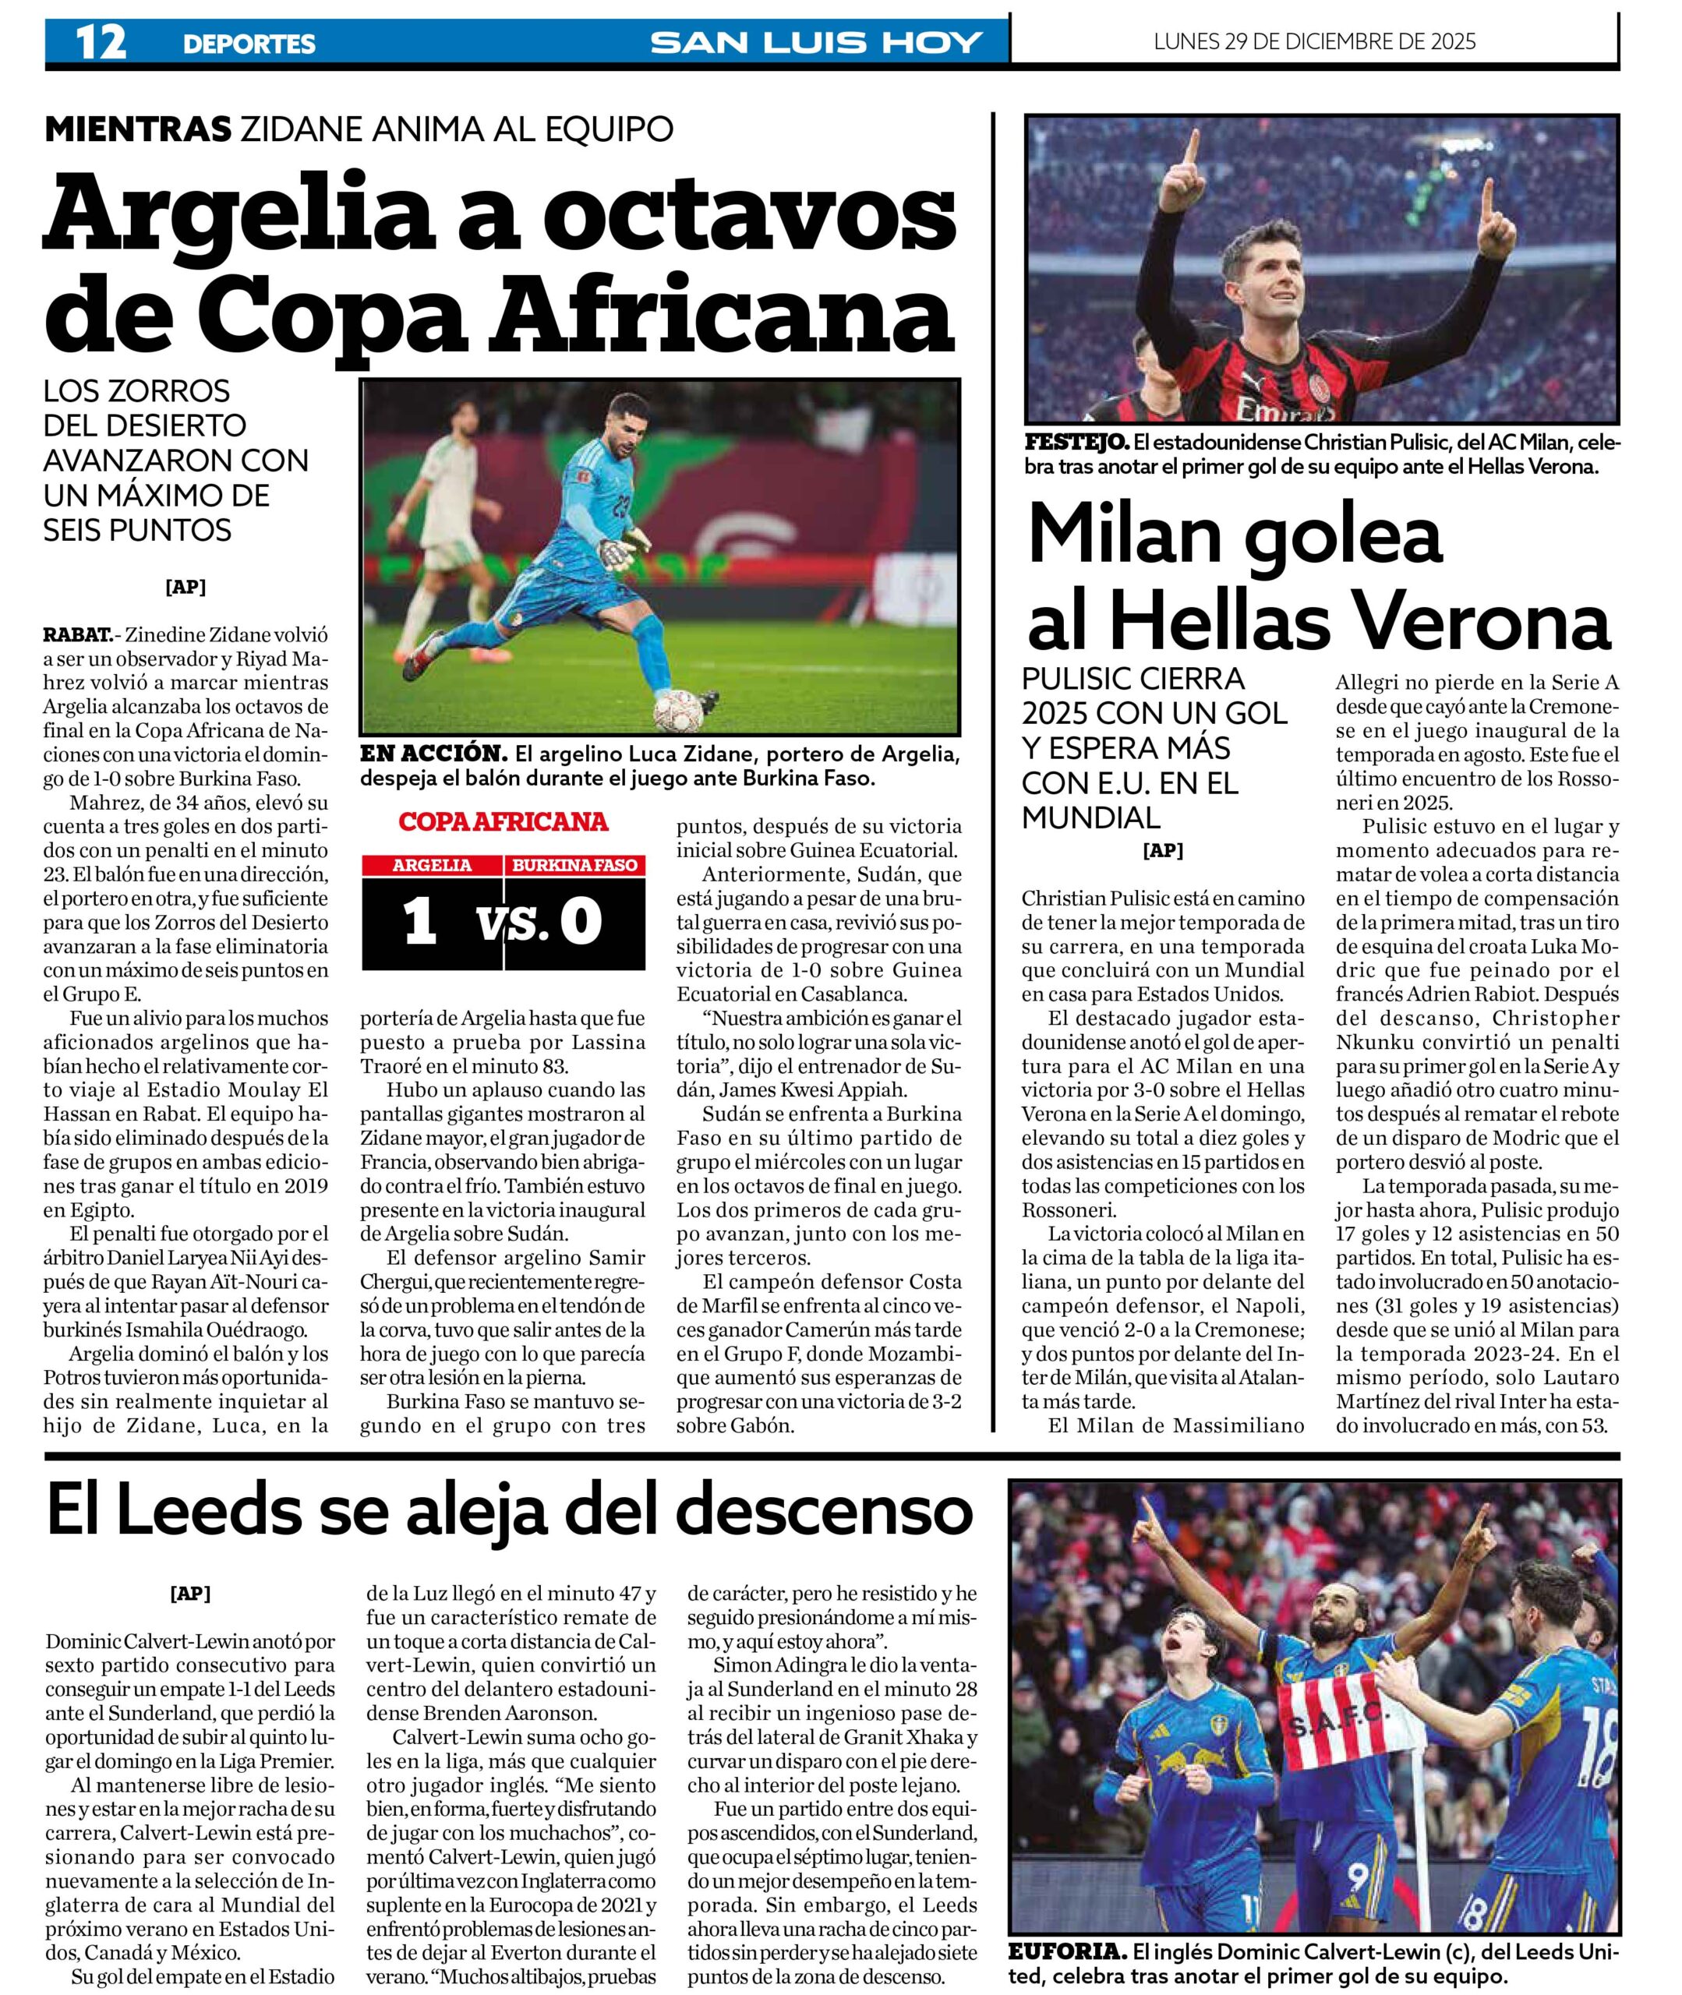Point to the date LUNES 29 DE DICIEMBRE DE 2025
click(1314, 41)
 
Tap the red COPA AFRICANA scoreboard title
click(503, 821)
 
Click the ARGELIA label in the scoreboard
click(432, 866)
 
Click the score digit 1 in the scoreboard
click(421, 922)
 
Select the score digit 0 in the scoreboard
click(581, 922)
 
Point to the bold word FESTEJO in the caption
click(1076, 443)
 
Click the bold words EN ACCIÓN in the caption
click(432, 754)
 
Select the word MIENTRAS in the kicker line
click(138, 128)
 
